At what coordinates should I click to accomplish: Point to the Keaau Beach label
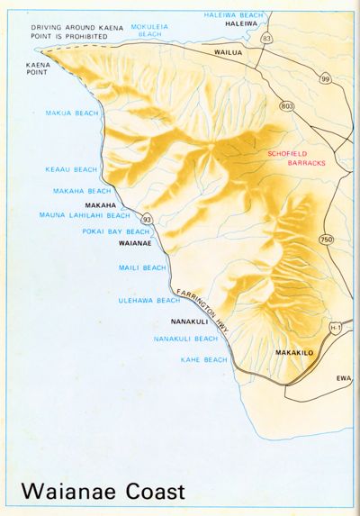point(69,169)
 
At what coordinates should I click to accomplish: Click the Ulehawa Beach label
point(149,300)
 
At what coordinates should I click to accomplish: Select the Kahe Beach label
point(202,359)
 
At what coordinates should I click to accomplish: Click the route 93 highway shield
point(145,217)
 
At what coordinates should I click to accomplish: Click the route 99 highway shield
point(325,78)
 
